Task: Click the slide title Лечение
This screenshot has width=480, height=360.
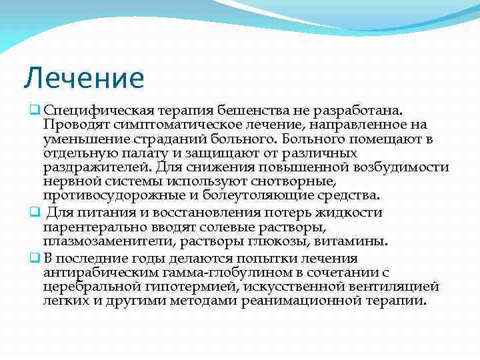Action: [x=83, y=77]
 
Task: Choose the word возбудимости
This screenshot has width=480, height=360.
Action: [x=401, y=168]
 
